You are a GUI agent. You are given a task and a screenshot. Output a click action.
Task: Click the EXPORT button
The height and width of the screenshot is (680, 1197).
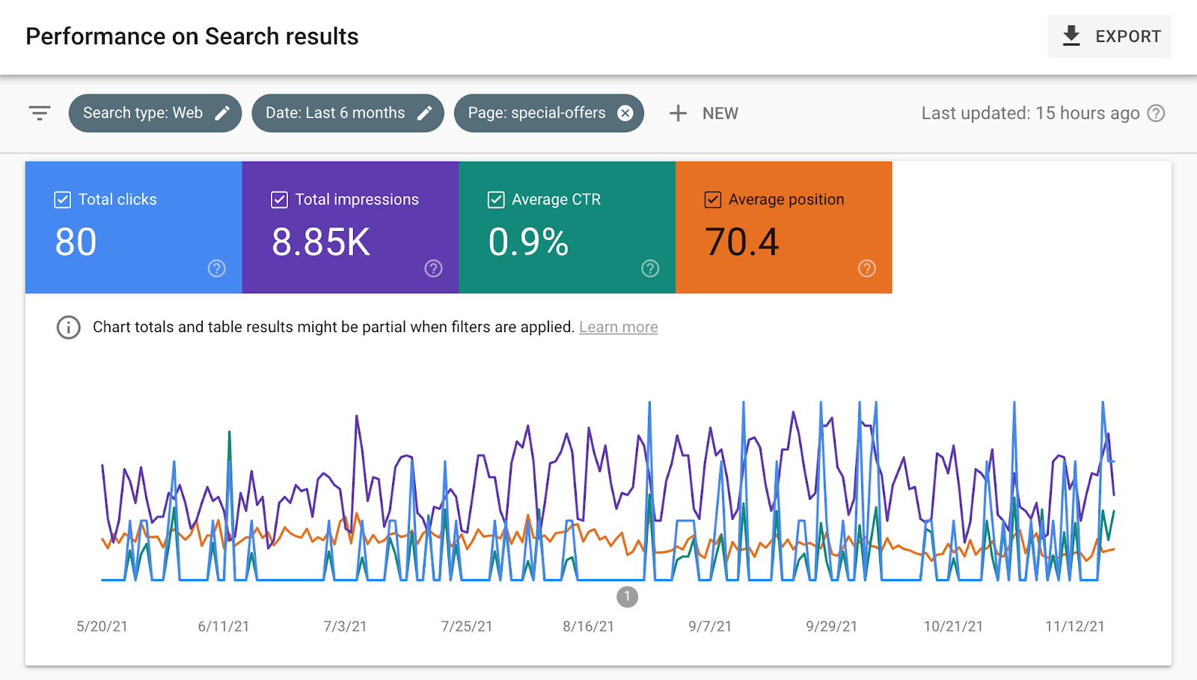click(1109, 36)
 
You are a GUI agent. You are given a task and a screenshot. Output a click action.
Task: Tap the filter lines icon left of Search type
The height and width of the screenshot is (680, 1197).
click(40, 113)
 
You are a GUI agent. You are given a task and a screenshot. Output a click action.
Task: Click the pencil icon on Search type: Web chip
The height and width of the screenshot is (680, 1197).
click(222, 113)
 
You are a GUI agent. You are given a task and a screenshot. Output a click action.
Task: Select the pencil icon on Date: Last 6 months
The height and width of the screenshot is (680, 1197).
click(424, 113)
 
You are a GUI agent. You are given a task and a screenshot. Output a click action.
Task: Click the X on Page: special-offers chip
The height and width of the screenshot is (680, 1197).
click(625, 113)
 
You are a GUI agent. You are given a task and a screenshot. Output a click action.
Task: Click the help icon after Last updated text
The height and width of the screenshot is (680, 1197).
click(1156, 113)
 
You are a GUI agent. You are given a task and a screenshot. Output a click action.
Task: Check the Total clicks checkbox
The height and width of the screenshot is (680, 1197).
click(63, 200)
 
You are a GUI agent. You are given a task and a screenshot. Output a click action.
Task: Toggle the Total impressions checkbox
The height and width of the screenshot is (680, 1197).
click(279, 200)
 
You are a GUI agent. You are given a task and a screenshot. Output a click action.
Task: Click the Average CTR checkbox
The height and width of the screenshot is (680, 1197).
click(496, 200)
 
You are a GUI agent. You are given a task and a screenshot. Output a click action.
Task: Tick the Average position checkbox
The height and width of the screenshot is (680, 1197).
click(713, 200)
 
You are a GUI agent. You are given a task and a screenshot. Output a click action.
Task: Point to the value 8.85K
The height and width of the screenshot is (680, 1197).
click(321, 242)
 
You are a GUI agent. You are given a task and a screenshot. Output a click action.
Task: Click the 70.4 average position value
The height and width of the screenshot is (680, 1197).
click(741, 242)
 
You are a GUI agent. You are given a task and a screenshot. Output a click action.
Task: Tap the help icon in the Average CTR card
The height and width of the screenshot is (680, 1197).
click(650, 269)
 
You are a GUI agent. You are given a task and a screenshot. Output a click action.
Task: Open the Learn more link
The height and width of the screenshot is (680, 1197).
click(618, 327)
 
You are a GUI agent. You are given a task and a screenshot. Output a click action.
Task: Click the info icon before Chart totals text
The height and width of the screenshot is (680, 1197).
click(69, 327)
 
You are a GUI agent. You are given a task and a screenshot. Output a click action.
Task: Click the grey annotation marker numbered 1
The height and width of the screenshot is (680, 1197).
click(627, 597)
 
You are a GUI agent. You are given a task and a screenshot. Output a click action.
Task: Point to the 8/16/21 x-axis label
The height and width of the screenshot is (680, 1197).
click(588, 626)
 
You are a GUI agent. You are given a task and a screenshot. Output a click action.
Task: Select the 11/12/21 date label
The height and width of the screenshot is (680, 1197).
click(1074, 626)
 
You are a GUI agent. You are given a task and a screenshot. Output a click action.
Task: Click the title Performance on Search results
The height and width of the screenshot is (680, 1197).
click(192, 37)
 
